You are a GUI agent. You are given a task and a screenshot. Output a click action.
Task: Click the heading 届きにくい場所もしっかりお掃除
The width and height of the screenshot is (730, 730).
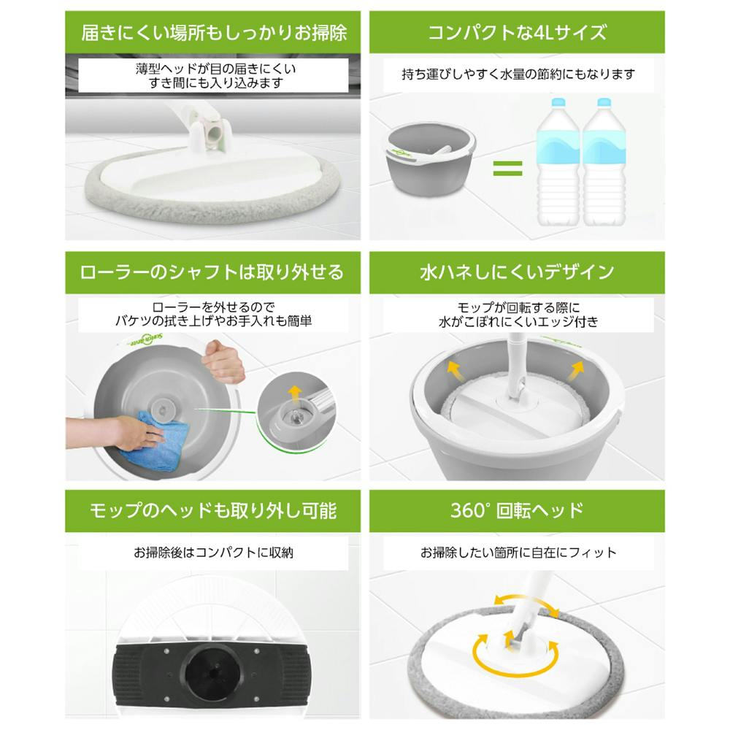coord(214,33)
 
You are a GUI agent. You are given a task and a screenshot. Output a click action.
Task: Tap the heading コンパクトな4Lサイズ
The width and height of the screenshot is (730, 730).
coord(518,33)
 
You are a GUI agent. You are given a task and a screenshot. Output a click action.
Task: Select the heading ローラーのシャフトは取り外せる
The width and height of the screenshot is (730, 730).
coord(212,272)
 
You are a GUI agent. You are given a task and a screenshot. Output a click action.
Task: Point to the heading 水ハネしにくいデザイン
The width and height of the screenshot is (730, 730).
coord(517,272)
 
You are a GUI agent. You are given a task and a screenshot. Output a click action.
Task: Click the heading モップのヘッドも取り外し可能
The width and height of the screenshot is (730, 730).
coord(212,511)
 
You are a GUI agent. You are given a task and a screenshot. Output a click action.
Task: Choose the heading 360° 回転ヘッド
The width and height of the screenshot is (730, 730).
coord(517,510)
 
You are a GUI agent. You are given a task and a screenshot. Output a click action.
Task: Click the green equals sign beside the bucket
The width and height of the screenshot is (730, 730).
coord(507,168)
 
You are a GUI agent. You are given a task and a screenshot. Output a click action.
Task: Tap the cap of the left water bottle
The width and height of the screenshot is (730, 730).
coord(558,103)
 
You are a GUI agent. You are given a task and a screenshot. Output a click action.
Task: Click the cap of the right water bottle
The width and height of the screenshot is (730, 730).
coord(604,103)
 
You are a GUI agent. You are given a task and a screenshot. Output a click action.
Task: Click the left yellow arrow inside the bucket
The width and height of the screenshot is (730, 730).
coord(454,371)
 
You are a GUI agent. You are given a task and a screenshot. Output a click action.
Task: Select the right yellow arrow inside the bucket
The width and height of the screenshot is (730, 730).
coord(577,371)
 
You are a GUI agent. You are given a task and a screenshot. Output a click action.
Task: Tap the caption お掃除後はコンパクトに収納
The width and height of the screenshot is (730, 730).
coord(213,553)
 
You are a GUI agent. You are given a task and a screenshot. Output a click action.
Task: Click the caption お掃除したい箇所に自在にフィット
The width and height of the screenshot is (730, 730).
coord(518,553)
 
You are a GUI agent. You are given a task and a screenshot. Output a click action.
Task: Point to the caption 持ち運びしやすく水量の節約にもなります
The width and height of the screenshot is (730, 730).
coord(518,74)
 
